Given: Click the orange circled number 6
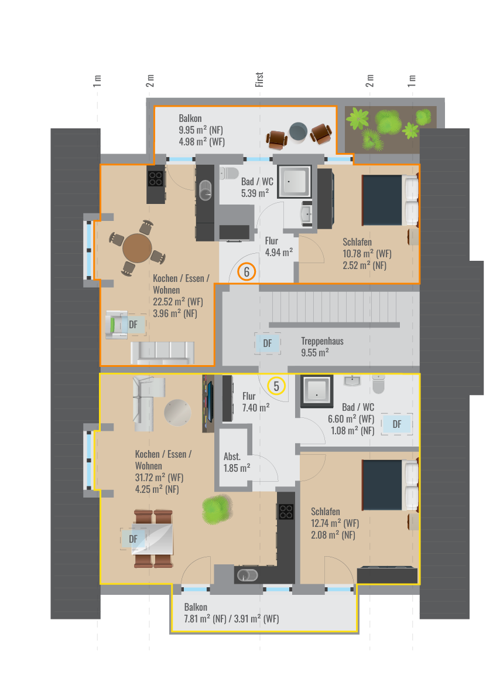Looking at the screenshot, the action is [246, 271].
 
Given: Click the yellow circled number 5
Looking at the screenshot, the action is [276, 386].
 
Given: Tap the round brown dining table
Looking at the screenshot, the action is [137, 248].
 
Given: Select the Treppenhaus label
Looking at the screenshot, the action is [322, 342].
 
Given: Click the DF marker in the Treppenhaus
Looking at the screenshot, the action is [267, 343].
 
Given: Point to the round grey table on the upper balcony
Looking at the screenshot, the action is [298, 132].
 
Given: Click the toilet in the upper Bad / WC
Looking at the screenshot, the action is [230, 173].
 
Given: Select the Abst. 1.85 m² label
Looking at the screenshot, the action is [237, 462].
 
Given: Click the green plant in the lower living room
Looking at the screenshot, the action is [217, 508].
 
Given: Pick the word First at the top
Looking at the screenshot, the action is [259, 79].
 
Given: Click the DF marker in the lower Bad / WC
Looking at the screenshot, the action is [397, 424].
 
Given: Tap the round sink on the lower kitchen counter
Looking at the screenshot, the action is [247, 575].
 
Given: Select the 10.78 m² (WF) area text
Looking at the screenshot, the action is [367, 254].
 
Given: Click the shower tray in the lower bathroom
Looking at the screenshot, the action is [317, 391].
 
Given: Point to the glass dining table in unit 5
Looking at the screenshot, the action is [153, 539].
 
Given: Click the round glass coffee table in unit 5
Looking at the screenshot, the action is [177, 413].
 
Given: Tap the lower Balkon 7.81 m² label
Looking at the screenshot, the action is [232, 613].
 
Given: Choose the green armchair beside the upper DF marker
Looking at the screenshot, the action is [117, 325].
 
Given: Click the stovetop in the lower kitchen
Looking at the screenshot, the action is [286, 512].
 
